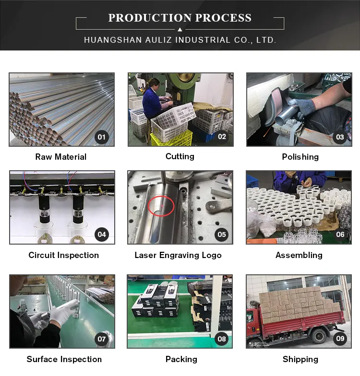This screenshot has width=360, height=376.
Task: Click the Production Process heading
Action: [180, 18]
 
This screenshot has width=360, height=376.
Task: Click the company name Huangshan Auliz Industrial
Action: [180, 40]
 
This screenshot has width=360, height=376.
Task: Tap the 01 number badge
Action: [102, 137]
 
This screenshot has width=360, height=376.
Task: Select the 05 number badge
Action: [222, 235]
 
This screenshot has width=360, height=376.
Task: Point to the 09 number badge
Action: [340, 339]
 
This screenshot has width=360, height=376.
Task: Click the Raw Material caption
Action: [61, 157]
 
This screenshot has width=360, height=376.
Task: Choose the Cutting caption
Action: [180, 156]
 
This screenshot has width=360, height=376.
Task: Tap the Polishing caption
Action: [300, 157]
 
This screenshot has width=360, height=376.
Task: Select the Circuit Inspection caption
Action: [64, 255]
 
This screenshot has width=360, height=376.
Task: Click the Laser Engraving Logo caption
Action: [178, 255]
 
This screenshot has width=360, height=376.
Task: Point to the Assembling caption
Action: [299, 255]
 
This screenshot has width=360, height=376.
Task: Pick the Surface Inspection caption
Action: [64, 359]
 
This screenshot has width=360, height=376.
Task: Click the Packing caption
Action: [181, 359]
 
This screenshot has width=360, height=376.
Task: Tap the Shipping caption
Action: [300, 359]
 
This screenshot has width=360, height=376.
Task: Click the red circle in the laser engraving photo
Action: [161, 207]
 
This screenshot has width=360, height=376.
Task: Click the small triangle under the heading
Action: [180, 29]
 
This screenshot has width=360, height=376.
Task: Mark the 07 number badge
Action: [102, 339]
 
